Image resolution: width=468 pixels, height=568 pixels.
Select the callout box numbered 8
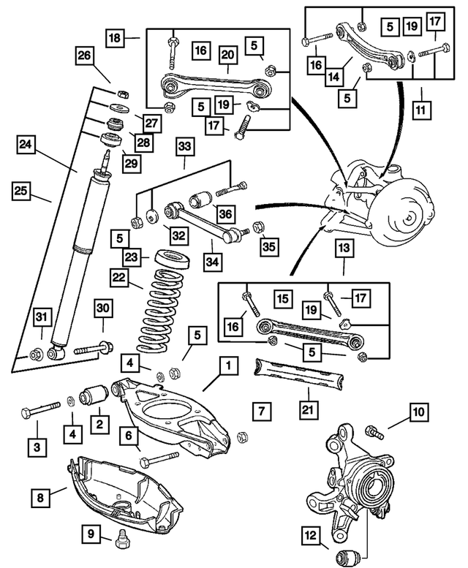pyautogui.click(x=40, y=498)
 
